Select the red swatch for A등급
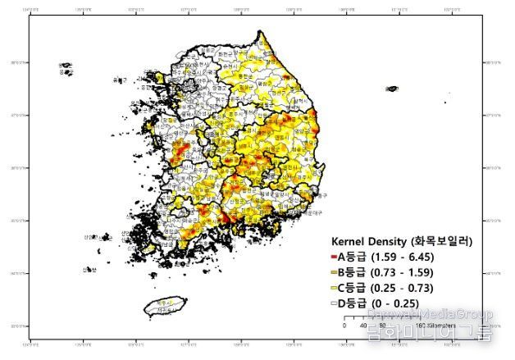click(x=333, y=257)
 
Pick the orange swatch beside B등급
click(x=333, y=272)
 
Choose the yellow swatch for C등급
click(x=333, y=288)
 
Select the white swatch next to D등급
click(x=333, y=303)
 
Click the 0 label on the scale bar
click(x=344, y=325)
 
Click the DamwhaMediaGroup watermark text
click(x=431, y=314)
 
